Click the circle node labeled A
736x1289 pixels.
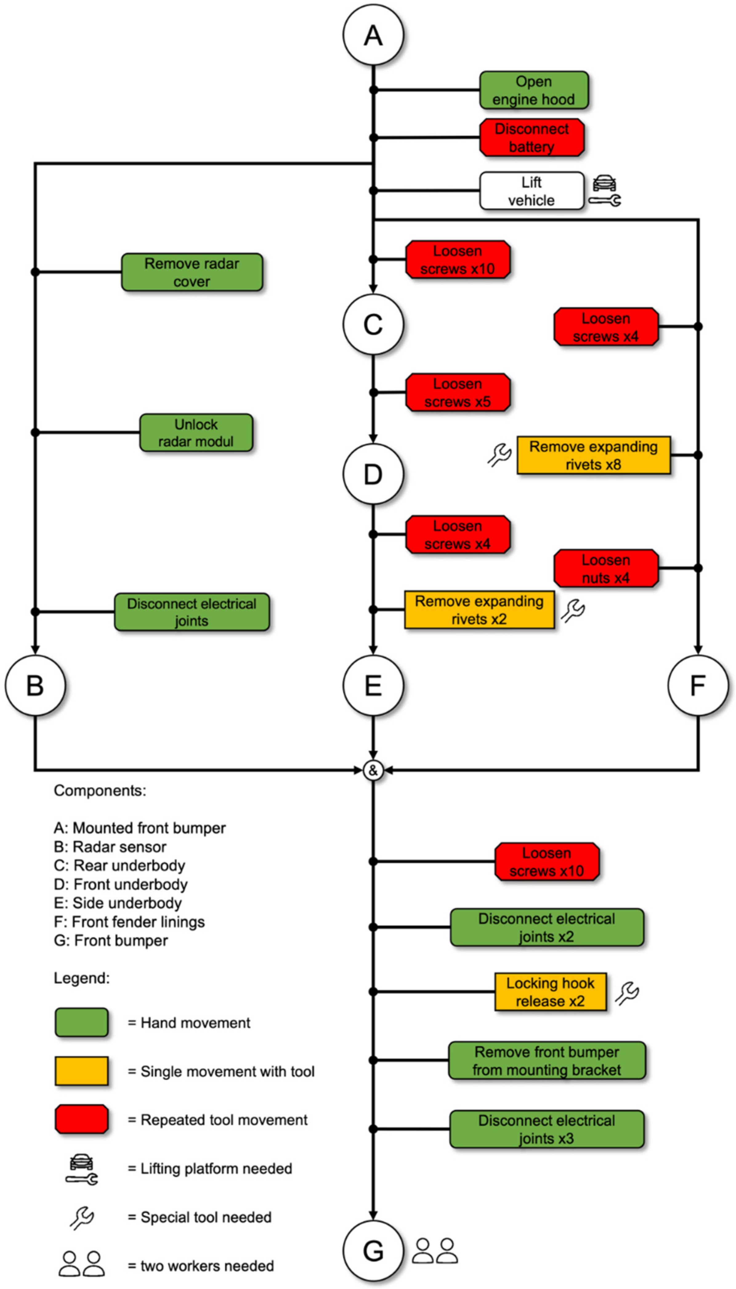pyautogui.click(x=373, y=35)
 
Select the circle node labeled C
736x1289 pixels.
pyautogui.click(x=373, y=324)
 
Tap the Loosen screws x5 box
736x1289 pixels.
pyautogui.click(x=458, y=392)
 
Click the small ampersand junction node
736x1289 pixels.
pyautogui.click(x=373, y=770)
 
